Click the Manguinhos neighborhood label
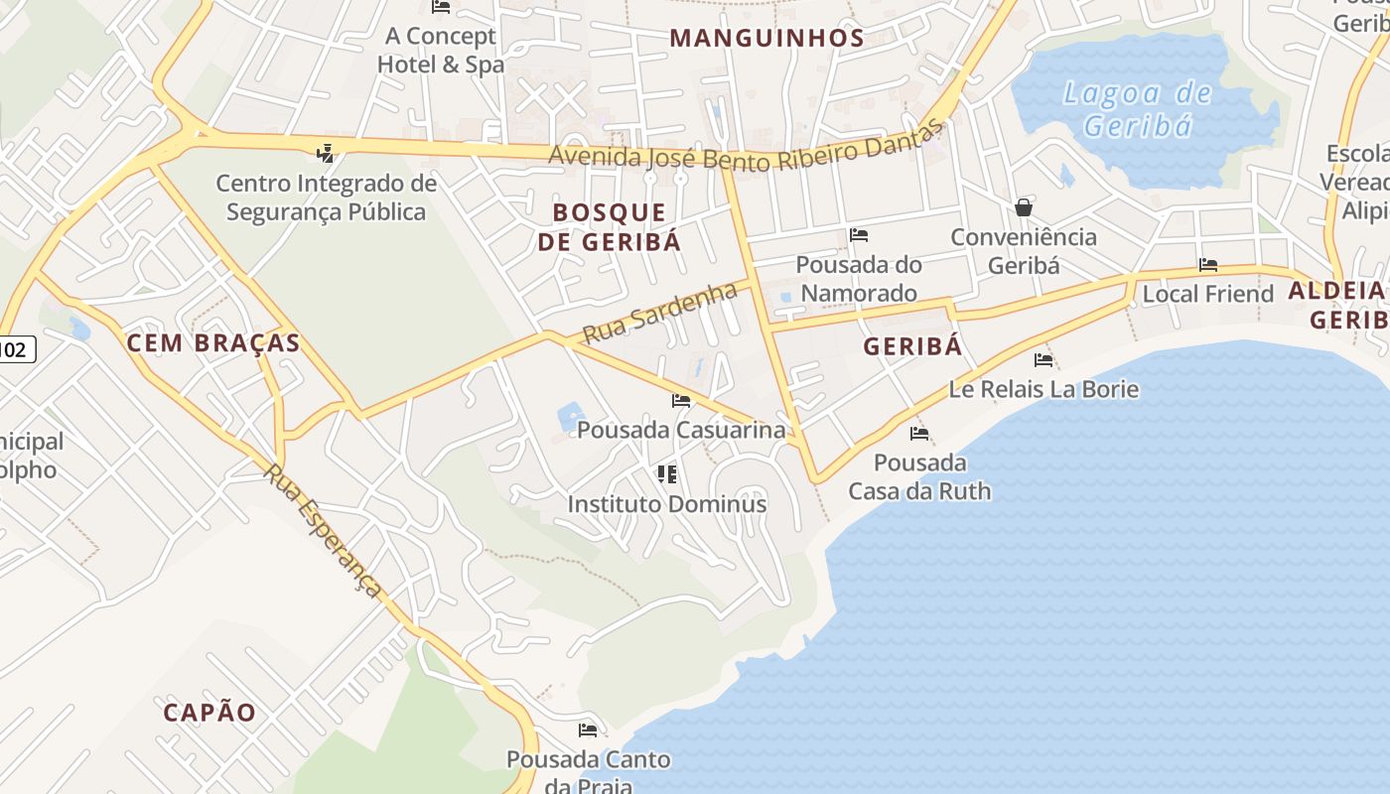pos(766,38)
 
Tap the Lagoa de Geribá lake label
pos(1137,109)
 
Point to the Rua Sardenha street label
pos(660,312)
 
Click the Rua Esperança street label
pos(323,530)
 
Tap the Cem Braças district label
pos(212,343)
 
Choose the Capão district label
pos(209,712)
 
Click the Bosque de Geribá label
pos(610,226)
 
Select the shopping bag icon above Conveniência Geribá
pos(1024,207)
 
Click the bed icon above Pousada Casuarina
pos(681,401)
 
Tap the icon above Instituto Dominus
pos(667,474)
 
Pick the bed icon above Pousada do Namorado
pos(859,235)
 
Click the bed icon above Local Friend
pos(1208,265)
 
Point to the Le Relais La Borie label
pos(1043,388)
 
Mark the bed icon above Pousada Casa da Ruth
pos(919,433)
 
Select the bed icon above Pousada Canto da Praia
pos(588,730)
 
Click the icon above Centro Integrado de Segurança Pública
pos(325,153)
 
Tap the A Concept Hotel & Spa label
pos(441,51)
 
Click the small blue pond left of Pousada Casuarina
pos(570,415)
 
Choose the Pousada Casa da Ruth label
pos(919,476)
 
